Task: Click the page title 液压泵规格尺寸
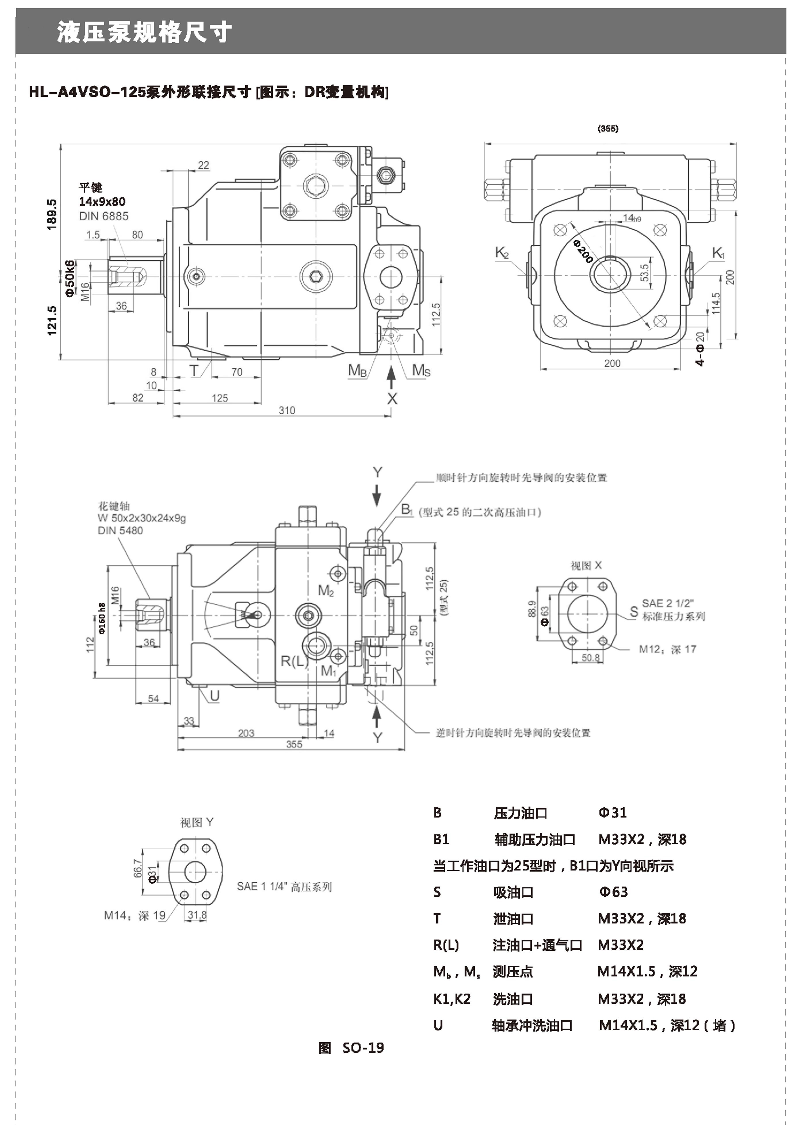point(144,33)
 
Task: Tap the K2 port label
point(501,253)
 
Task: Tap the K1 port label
point(718,253)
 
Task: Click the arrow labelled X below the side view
point(392,398)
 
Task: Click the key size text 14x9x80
point(102,201)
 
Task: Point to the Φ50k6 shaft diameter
point(70,278)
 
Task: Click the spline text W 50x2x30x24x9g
point(142,518)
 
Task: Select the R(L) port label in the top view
point(294,661)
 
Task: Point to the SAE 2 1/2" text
point(667,603)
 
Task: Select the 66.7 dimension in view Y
point(138,868)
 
